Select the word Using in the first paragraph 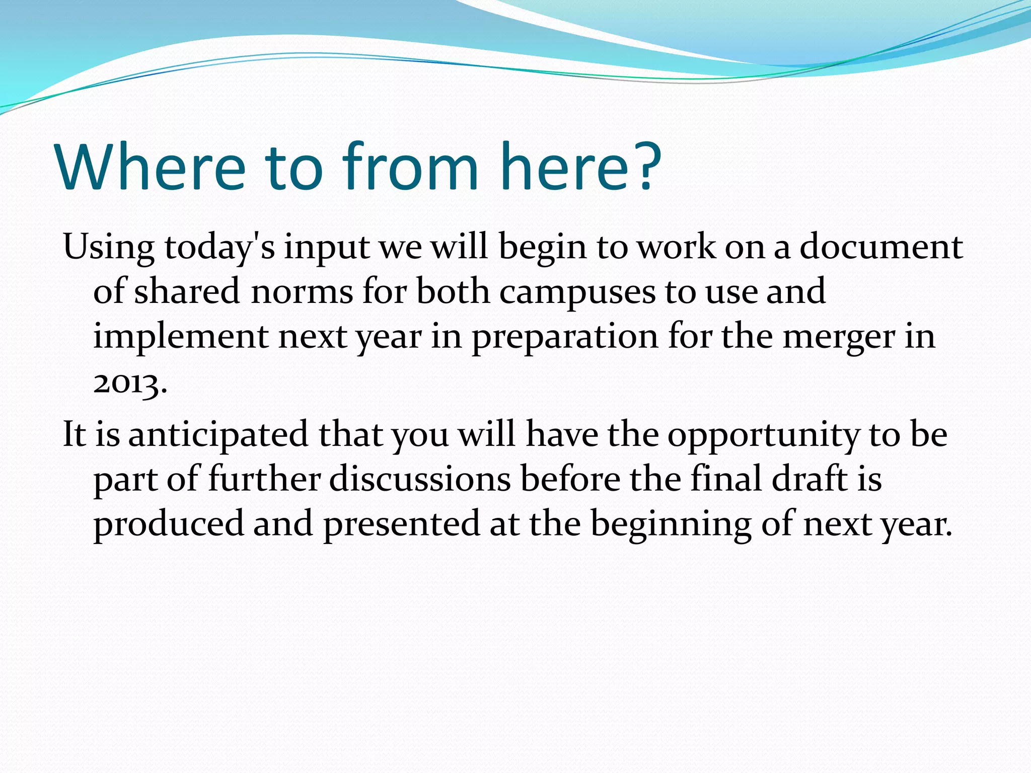coord(108,248)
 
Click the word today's coord(219,248)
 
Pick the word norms coord(302,292)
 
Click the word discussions coord(420,479)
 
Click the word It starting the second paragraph coord(74,434)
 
